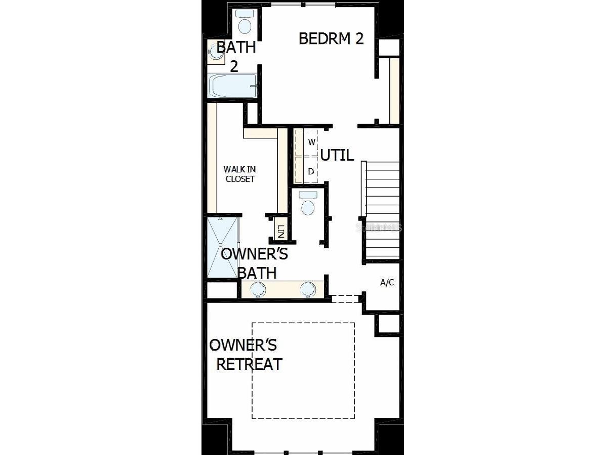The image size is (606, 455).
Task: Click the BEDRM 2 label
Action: [x=331, y=39]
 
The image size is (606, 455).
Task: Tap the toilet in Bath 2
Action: [x=246, y=23]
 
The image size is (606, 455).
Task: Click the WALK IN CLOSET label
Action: [x=239, y=174]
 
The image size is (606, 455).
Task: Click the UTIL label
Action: [x=337, y=155]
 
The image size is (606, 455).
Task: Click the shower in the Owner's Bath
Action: [x=222, y=248]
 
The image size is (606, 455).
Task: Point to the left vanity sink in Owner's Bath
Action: [x=258, y=289]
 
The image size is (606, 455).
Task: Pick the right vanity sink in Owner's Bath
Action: [x=307, y=289]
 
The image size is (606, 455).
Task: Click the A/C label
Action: [x=387, y=283]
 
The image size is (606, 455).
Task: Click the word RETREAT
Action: [x=249, y=364]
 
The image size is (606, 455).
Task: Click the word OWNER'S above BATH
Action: [x=254, y=254]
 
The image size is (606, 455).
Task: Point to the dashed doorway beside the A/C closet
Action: [x=345, y=298]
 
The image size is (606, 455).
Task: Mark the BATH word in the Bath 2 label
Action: [x=236, y=48]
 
